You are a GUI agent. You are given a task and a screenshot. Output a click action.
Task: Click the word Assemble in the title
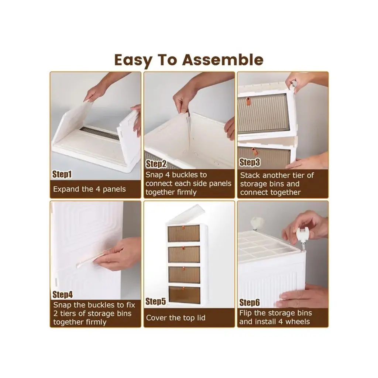pos(223,60)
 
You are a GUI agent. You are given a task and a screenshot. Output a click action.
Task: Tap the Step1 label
pos(62,174)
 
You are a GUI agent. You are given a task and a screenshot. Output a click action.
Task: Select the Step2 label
pos(156,164)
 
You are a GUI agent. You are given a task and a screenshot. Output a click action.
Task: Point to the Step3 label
pos(250,162)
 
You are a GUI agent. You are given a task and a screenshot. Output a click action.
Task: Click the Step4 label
pos(62,294)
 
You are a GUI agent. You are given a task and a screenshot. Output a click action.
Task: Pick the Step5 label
pos(156,301)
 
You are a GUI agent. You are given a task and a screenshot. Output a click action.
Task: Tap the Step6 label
pos(250,302)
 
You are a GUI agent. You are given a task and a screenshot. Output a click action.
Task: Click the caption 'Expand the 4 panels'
pos(89,189)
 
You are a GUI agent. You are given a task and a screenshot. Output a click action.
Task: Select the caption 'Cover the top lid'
pos(175,318)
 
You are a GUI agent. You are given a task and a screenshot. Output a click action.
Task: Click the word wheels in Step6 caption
pos(298,322)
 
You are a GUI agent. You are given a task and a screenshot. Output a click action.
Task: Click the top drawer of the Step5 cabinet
pos(184,233)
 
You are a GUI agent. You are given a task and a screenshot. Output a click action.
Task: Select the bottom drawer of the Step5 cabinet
pos(184,295)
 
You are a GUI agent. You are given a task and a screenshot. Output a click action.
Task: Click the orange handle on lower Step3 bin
pos(254,152)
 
